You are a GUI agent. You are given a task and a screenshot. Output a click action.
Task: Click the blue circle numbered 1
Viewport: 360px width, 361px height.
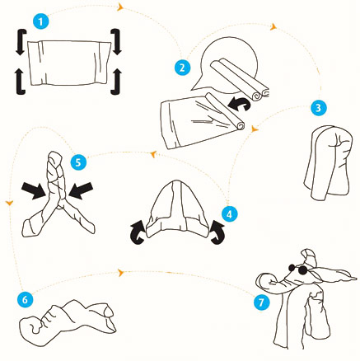tap(41, 21)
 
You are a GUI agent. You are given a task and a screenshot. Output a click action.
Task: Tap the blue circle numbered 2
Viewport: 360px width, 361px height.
tap(182, 67)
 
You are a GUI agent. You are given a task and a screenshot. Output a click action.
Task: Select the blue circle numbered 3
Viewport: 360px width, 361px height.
tap(319, 107)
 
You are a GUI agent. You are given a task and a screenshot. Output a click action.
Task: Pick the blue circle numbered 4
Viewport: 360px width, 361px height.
tap(230, 213)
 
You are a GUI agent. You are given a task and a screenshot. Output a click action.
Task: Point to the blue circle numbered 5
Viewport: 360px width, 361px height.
tap(78, 162)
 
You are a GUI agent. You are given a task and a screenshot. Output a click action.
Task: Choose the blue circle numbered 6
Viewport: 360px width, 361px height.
tap(25, 299)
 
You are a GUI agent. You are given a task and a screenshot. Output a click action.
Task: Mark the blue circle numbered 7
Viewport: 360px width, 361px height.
tap(261, 302)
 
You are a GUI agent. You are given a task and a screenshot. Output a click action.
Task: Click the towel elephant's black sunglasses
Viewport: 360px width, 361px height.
tap(297, 269)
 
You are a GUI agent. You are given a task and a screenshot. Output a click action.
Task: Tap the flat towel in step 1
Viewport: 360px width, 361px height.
tap(69, 63)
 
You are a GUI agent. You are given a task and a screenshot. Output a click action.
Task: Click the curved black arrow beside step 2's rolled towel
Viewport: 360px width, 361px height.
tap(240, 104)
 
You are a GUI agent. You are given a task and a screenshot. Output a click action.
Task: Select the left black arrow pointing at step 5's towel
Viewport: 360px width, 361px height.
tap(34, 190)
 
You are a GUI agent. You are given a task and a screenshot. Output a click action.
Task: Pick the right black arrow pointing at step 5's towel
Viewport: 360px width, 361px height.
tap(81, 190)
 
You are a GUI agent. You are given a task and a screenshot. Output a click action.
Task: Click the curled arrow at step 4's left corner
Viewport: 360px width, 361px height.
tap(138, 232)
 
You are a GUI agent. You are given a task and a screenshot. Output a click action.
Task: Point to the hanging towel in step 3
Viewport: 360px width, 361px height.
tap(328, 162)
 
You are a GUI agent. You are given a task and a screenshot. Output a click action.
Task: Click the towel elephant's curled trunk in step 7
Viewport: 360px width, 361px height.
tap(272, 283)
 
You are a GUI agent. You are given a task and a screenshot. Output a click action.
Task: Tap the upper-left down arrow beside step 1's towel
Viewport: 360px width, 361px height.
tap(21, 42)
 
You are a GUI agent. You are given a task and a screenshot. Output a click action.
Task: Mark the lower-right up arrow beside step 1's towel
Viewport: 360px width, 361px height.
tap(117, 82)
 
